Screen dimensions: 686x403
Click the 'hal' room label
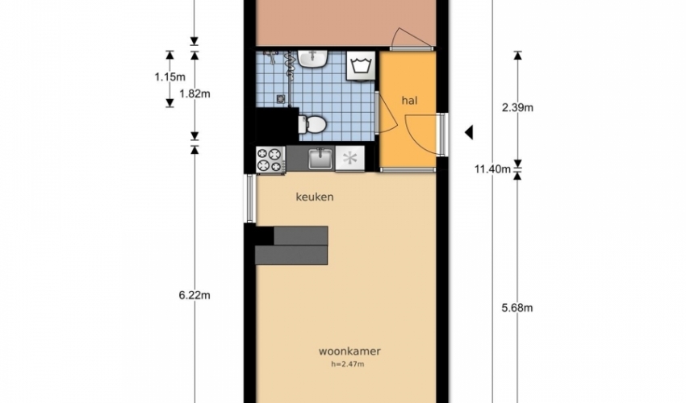click(409, 101)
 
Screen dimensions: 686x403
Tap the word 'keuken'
click(315, 197)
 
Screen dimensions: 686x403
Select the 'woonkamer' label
click(349, 351)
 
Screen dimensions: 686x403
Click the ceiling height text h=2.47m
click(347, 364)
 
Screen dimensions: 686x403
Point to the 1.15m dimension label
click(169, 77)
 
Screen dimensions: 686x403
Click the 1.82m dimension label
click(195, 93)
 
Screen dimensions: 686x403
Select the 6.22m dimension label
click(195, 295)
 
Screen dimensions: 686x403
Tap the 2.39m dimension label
click(517, 107)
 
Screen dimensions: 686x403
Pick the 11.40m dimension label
click(492, 168)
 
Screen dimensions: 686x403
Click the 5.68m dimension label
click(517, 308)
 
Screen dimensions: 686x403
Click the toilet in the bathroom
click(312, 124)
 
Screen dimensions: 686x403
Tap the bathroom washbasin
click(313, 59)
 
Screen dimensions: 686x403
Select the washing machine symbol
click(361, 66)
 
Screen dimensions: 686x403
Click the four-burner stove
click(270, 159)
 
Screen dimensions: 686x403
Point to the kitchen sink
click(320, 158)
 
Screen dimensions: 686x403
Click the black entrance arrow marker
click(469, 132)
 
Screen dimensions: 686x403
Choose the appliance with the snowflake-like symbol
click(350, 158)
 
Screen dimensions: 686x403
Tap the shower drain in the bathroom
click(280, 99)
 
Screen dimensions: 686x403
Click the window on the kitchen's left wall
click(249, 198)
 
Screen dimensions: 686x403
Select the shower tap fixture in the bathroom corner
click(270, 56)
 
